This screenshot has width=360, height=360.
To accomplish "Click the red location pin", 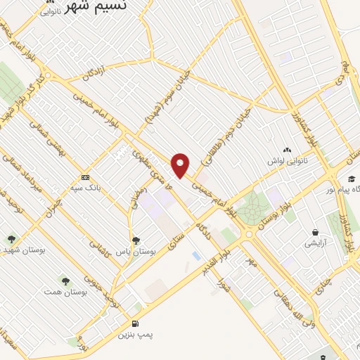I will click(x=181, y=164).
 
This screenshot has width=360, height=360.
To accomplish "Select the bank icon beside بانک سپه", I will click(x=85, y=177).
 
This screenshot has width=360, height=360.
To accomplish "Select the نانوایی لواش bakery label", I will click(x=286, y=162).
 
